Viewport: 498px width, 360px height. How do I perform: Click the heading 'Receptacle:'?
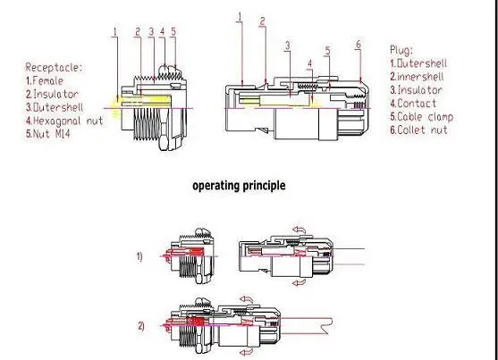coord(54,67)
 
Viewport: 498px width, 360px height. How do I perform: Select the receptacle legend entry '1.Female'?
coord(45,80)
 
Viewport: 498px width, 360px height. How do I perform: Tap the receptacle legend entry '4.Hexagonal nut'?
coord(64,121)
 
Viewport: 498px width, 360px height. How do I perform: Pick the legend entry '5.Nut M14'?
coord(47,134)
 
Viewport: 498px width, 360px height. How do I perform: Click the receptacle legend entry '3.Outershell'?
coord(55,107)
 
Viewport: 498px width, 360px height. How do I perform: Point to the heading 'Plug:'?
coord(401,50)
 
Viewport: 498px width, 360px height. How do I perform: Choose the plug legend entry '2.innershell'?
coord(417,77)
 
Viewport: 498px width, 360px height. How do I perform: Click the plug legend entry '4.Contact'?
coord(413,103)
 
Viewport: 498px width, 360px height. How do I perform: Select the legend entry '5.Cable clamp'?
coord(421,116)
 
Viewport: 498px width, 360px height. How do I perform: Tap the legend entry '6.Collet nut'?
coord(419,130)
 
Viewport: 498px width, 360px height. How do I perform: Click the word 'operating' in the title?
coord(216,186)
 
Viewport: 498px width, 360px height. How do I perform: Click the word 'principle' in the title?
coord(265,186)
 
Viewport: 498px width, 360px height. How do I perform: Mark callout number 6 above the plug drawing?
coord(359,44)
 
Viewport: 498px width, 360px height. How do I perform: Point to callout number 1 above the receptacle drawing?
coord(115,31)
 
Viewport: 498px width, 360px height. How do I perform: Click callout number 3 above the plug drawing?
coord(288,46)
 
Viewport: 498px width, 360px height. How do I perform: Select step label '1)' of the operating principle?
coord(139,256)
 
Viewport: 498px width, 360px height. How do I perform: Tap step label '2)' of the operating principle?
coord(141,326)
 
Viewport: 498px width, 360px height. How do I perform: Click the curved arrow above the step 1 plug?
coord(300,230)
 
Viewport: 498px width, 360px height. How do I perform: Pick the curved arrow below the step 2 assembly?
coord(247,352)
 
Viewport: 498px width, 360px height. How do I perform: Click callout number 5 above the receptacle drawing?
coord(173,31)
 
